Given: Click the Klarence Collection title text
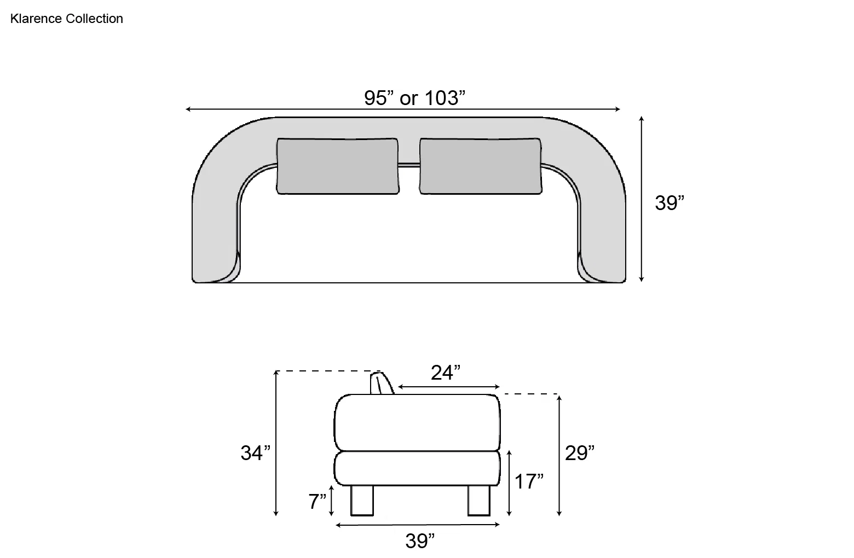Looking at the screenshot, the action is [x=67, y=19].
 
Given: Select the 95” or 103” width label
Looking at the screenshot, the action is [x=414, y=98].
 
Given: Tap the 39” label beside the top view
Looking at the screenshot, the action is [x=670, y=202].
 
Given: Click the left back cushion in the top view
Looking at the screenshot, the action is [x=337, y=166].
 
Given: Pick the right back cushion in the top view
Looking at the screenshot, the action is [x=481, y=166].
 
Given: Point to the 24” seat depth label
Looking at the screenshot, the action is [x=446, y=373].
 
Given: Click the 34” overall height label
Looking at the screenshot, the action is [x=256, y=453].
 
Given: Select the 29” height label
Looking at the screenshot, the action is [x=580, y=453].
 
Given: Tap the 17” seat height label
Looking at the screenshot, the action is [x=529, y=481].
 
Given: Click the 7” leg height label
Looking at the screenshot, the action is [x=317, y=501].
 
